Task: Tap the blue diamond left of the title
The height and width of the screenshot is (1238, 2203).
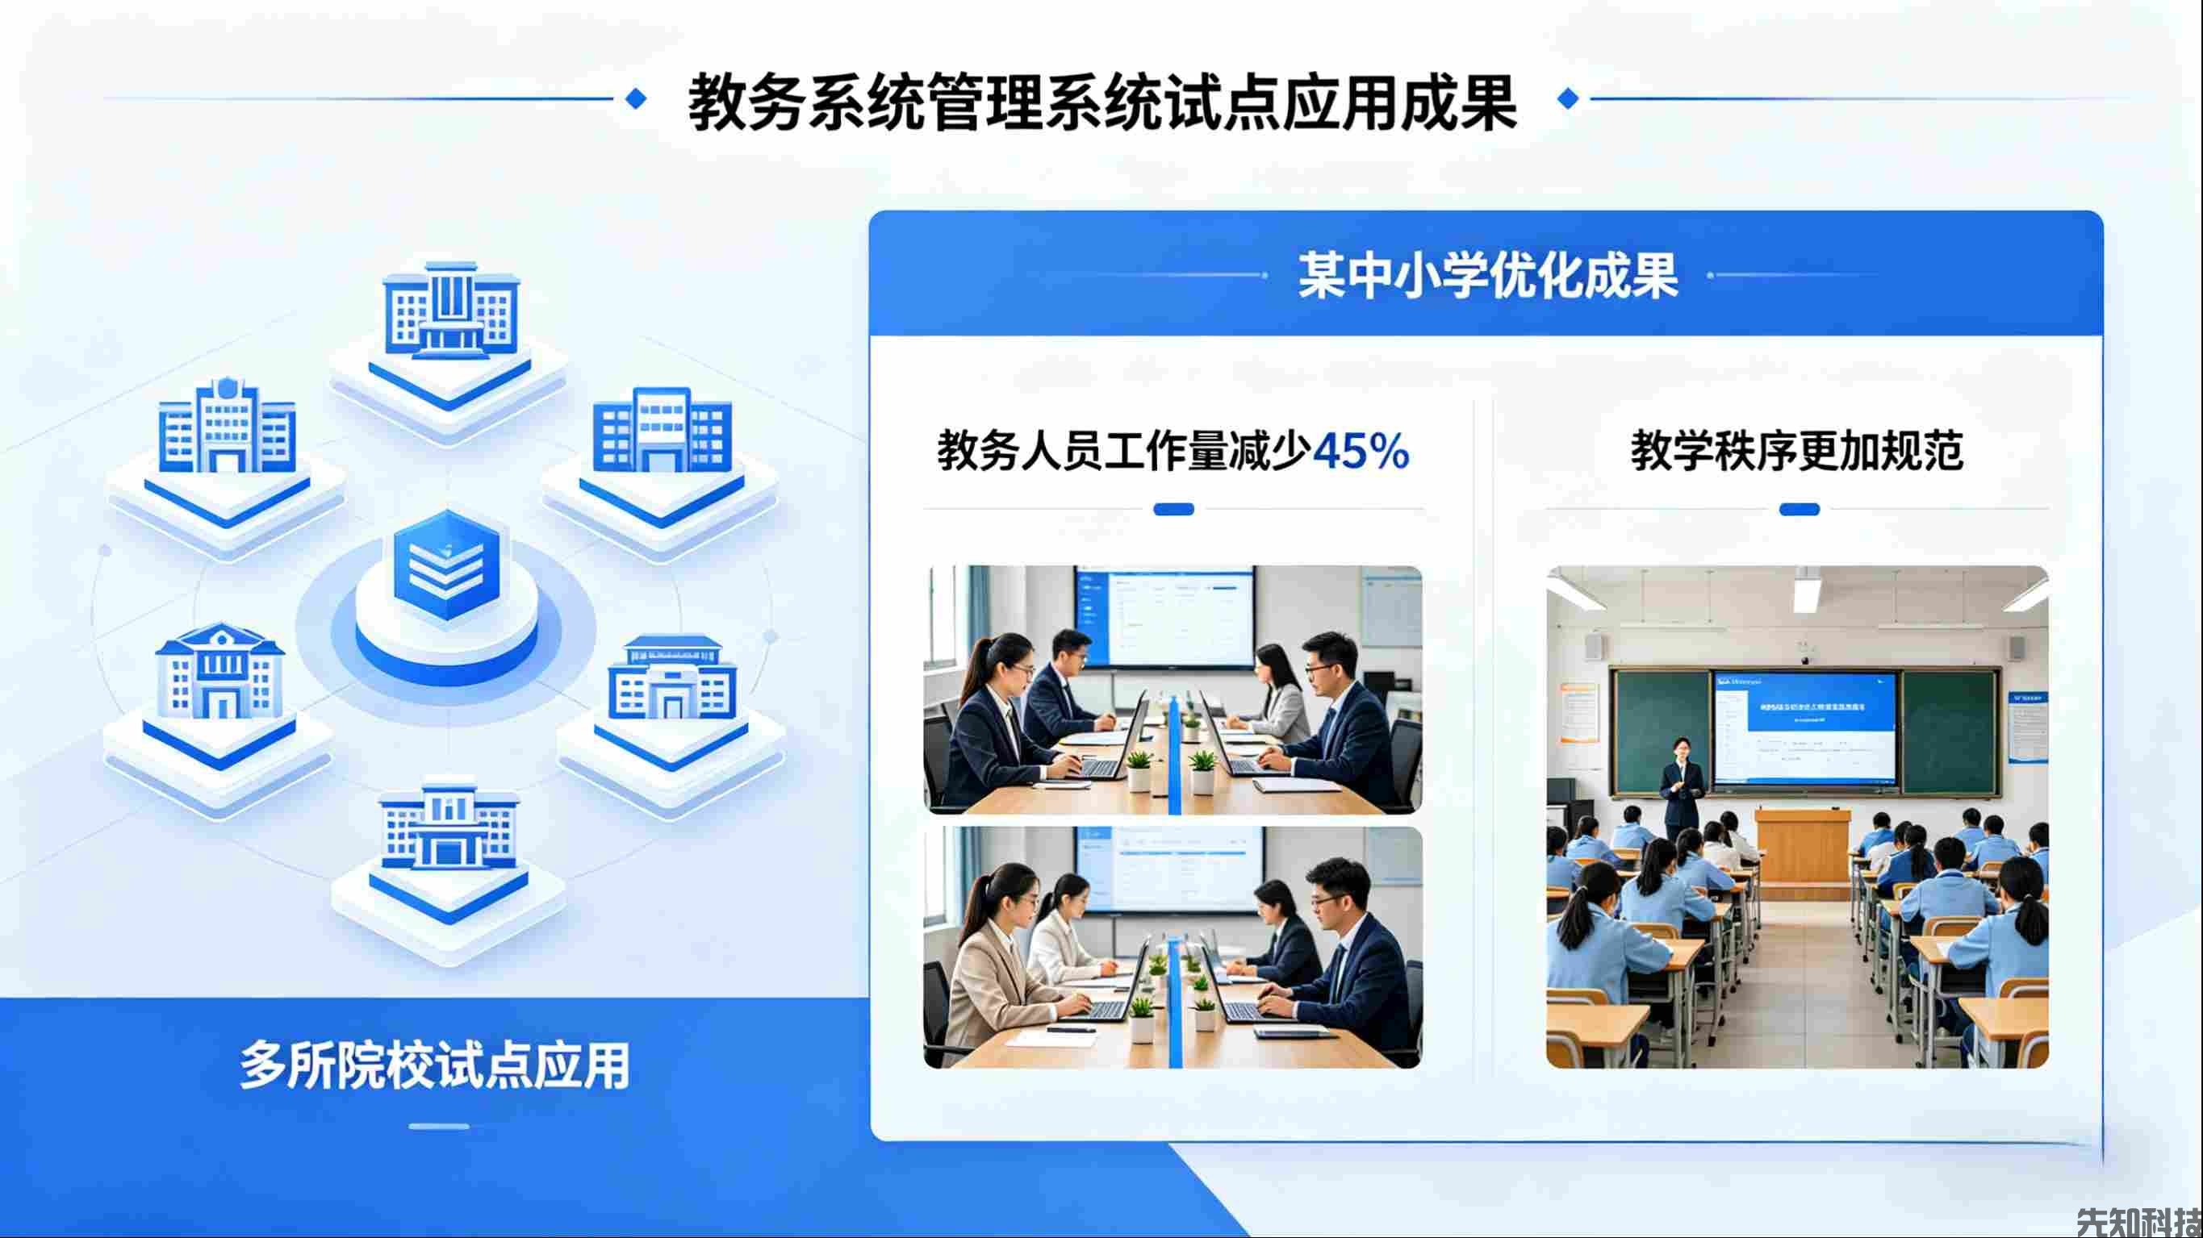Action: (635, 98)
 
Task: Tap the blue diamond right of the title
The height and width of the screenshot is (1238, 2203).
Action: (1568, 98)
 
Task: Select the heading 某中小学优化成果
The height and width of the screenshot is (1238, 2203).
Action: (1487, 275)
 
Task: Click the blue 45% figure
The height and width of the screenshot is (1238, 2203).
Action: (1360, 451)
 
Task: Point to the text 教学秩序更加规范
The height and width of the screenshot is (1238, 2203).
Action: (1797, 451)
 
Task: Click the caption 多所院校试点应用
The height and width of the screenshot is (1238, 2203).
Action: (434, 1065)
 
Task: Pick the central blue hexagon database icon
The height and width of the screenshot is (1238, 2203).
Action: (445, 565)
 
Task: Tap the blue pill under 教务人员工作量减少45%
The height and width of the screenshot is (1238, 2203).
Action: (1173, 510)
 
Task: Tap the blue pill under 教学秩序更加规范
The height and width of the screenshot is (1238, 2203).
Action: (1799, 510)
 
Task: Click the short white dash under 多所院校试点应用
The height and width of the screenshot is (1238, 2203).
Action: (439, 1126)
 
